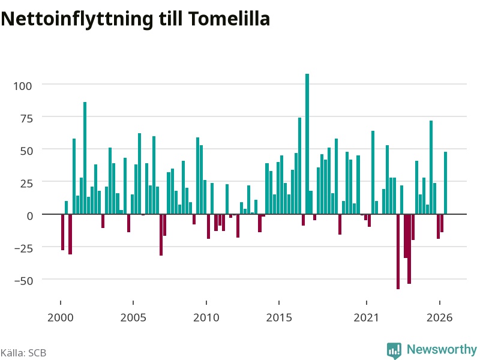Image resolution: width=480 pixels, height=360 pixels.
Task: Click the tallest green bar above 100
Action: (307, 144)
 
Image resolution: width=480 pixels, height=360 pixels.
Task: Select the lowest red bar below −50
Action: (398, 251)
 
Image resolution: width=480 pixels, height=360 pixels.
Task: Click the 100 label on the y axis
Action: (22, 86)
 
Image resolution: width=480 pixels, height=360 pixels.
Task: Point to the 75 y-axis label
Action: (26, 118)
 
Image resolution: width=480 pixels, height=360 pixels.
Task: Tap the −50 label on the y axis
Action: (23, 281)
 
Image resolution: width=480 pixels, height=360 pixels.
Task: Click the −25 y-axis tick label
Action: (23, 248)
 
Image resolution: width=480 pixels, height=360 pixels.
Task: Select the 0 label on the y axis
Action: (29, 216)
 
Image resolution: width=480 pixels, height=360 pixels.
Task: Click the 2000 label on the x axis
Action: (61, 317)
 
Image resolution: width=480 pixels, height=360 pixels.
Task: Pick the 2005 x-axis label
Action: (133, 317)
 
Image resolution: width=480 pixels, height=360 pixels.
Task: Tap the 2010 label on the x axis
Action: (206, 317)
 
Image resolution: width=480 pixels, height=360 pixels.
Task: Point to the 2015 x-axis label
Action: (279, 317)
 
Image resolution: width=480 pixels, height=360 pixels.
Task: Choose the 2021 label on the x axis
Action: (367, 317)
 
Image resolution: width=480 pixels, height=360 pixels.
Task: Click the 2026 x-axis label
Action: (440, 317)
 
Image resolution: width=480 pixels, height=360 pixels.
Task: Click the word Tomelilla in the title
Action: (229, 19)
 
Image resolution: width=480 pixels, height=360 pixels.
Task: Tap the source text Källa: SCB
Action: (23, 353)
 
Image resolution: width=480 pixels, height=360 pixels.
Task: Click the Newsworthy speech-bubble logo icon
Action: (394, 350)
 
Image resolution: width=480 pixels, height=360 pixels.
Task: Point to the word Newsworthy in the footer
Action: (442, 349)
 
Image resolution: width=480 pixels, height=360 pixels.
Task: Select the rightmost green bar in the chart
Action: (445, 183)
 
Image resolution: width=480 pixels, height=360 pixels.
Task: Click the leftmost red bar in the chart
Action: (63, 232)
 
